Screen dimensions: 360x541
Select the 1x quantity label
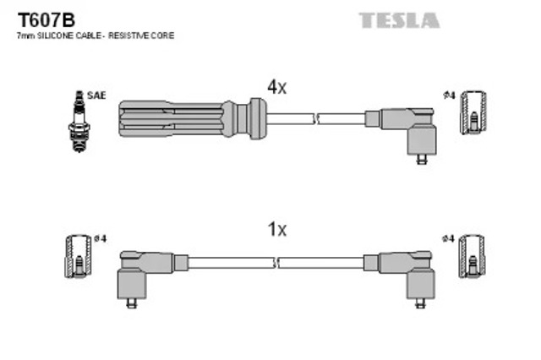pyautogui.click(x=277, y=229)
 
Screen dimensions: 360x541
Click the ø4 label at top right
pyautogui.click(x=449, y=95)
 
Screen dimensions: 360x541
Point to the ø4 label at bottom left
pyautogui.click(x=101, y=239)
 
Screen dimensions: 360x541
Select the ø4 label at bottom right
pyautogui.click(x=449, y=239)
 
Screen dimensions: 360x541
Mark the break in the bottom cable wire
pyautogui.click(x=277, y=262)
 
